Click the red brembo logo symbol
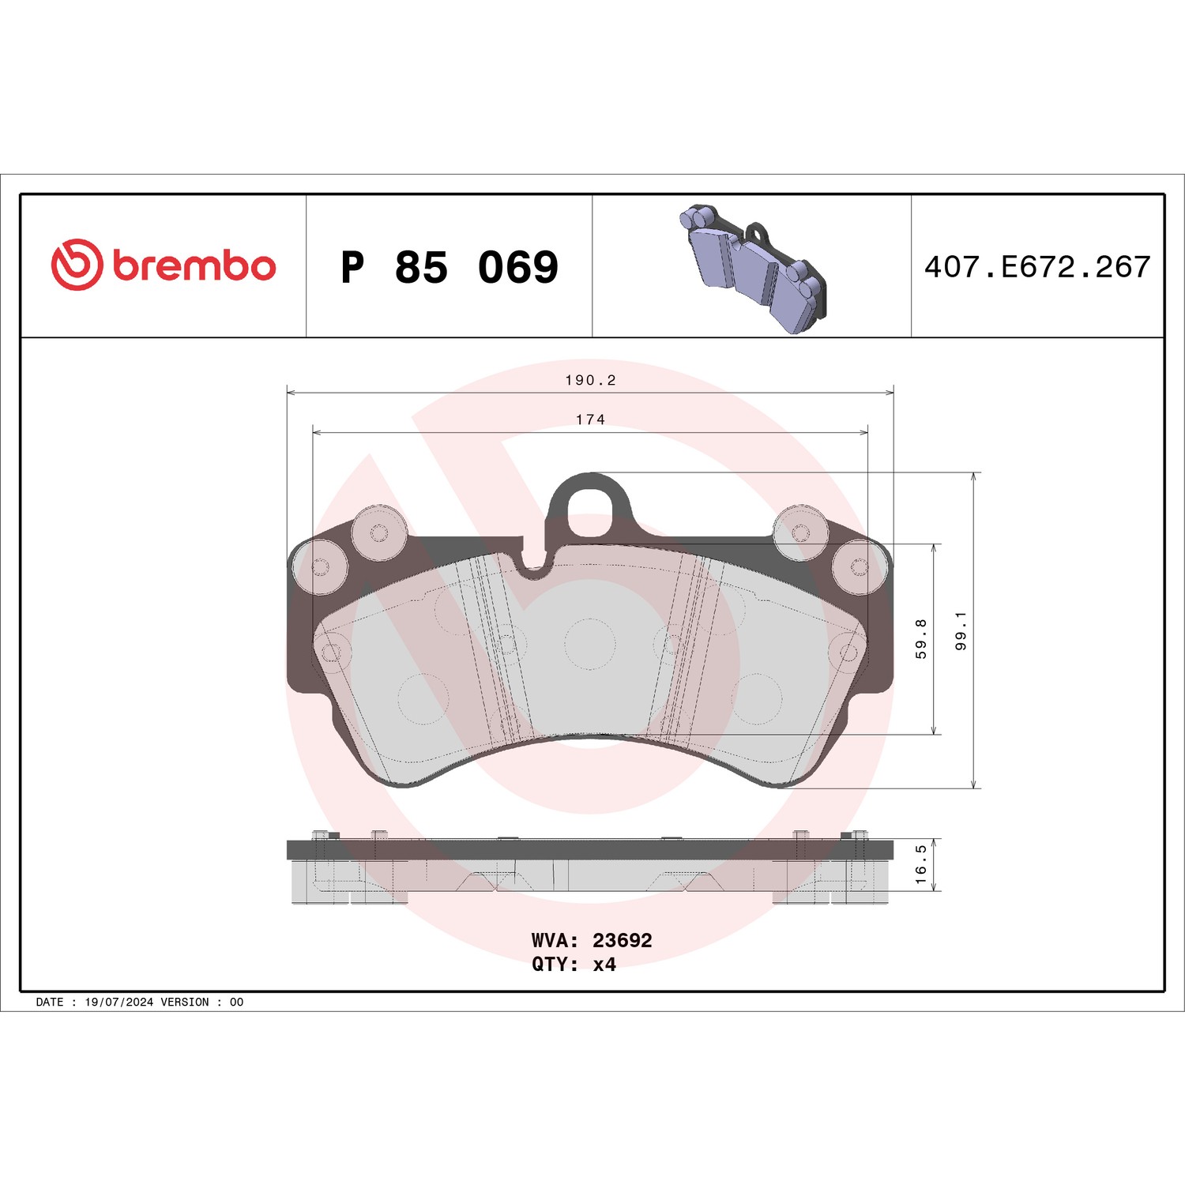(77, 264)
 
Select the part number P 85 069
(450, 267)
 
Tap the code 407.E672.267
(1037, 267)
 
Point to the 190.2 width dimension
(590, 380)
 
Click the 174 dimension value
(590, 419)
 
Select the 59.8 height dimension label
(921, 638)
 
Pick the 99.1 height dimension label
(961, 630)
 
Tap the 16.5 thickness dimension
(921, 864)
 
